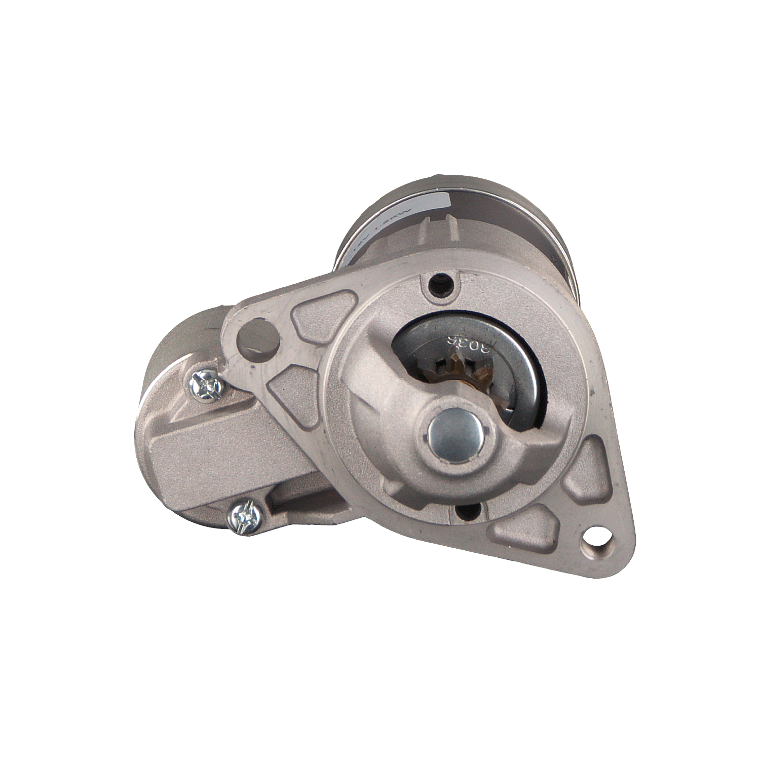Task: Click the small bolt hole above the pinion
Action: (x=440, y=286)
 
